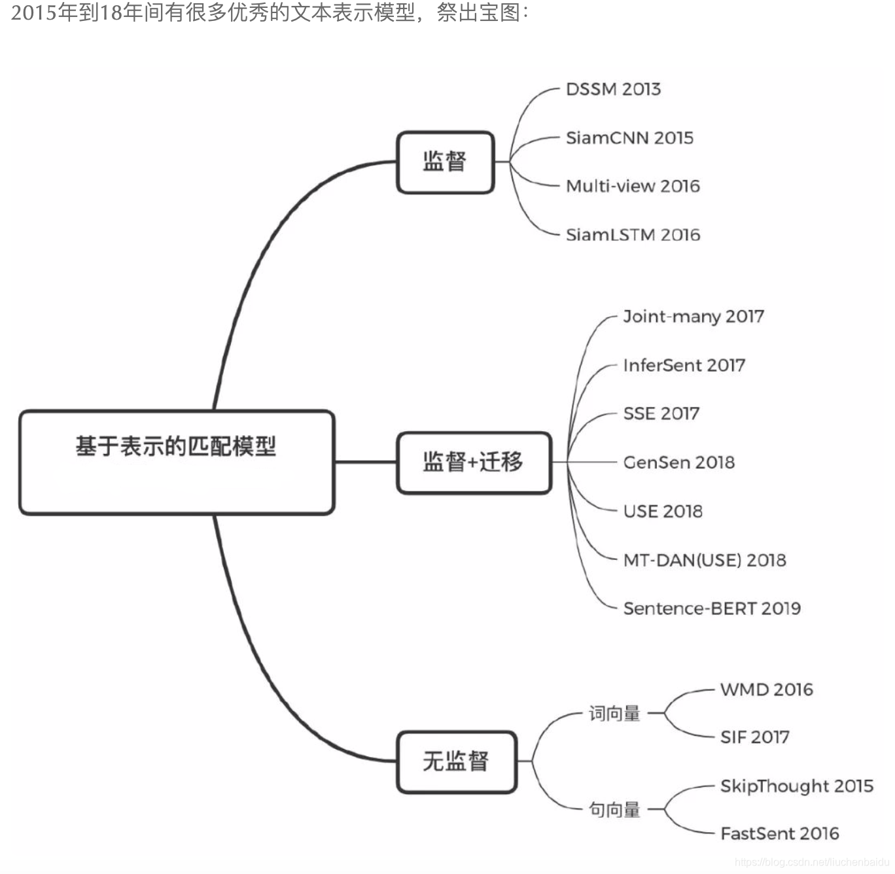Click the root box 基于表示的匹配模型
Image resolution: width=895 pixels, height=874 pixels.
pyautogui.click(x=177, y=462)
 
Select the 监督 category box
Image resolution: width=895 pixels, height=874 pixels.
pyautogui.click(x=445, y=162)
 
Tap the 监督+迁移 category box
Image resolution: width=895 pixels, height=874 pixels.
pyautogui.click(x=474, y=462)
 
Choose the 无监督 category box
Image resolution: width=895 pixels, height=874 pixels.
pyautogui.click(x=456, y=761)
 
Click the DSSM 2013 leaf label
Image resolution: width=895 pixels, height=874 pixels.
pyautogui.click(x=613, y=89)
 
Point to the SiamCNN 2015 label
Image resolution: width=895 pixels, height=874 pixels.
pyautogui.click(x=629, y=138)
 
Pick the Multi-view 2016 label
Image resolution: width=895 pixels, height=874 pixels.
pyautogui.click(x=633, y=186)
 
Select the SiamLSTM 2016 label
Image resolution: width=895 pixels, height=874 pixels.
pyautogui.click(x=633, y=235)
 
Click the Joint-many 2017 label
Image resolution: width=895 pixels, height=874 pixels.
pyautogui.click(x=693, y=317)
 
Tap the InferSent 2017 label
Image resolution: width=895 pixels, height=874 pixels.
pyautogui.click(x=684, y=365)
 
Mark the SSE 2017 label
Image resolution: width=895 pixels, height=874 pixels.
pyautogui.click(x=661, y=413)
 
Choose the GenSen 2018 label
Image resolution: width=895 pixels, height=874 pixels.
pyautogui.click(x=678, y=463)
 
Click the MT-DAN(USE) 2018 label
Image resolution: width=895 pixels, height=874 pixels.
pyautogui.click(x=705, y=560)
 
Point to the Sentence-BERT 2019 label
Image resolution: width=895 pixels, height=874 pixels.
pyautogui.click(x=712, y=608)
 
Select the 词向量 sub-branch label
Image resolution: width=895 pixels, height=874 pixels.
pyautogui.click(x=614, y=713)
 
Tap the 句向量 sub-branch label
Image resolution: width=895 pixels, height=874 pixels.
pyautogui.click(x=614, y=810)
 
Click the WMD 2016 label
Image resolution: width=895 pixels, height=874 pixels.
pyautogui.click(x=766, y=690)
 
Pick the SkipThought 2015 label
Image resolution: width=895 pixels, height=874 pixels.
pyautogui.click(x=796, y=786)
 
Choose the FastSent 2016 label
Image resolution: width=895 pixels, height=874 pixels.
pyautogui.click(x=779, y=833)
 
